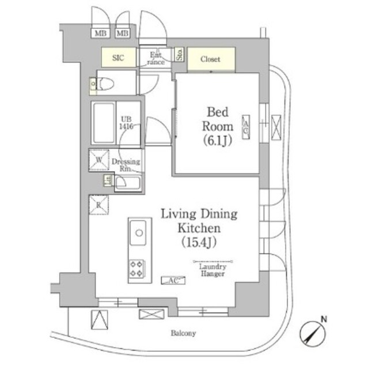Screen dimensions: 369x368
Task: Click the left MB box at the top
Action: click(x=100, y=33)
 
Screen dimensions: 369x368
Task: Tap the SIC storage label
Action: click(x=117, y=58)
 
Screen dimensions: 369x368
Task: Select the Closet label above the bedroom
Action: click(x=211, y=58)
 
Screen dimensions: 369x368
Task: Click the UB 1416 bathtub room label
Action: click(x=127, y=123)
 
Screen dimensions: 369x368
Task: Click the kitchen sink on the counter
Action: click(x=139, y=234)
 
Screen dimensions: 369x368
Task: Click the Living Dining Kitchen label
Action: click(x=199, y=221)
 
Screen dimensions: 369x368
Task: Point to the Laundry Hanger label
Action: click(x=208, y=270)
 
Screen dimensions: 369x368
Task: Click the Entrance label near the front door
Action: click(x=155, y=57)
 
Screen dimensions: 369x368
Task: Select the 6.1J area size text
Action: click(x=217, y=140)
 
